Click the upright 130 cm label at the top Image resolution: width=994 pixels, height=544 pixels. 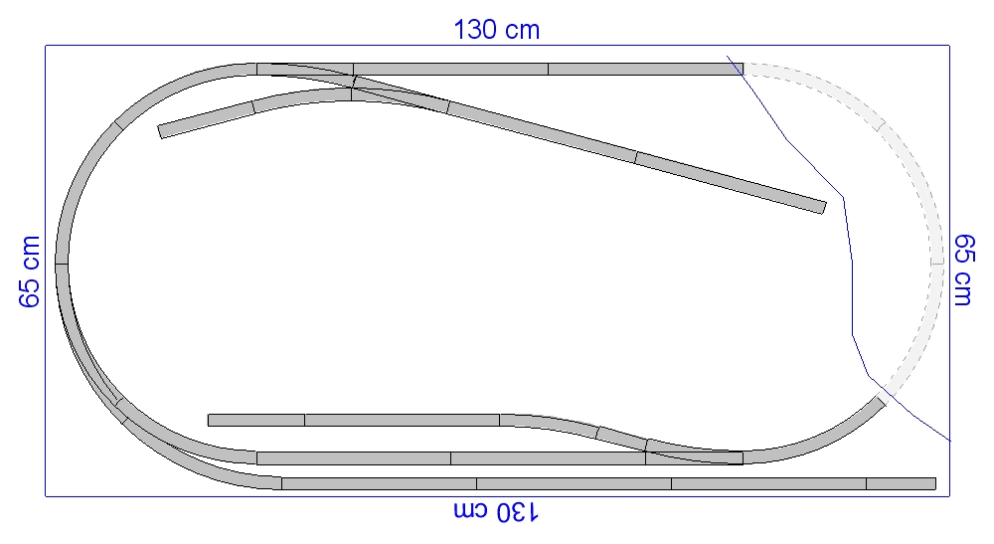pyautogui.click(x=496, y=30)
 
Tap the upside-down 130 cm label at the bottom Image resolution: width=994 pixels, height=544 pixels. pyautogui.click(x=496, y=511)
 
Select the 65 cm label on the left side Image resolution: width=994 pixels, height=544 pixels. pyautogui.click(x=29, y=272)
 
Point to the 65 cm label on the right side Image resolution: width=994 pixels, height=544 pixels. pyautogui.click(x=964, y=271)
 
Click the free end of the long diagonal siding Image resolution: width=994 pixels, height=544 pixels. pyautogui.click(x=823, y=208)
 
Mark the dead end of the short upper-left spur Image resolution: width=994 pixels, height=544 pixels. pyautogui.click(x=160, y=132)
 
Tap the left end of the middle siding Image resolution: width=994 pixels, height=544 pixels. pyautogui.click(x=209, y=420)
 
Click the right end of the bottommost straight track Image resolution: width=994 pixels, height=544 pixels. pyautogui.click(x=935, y=483)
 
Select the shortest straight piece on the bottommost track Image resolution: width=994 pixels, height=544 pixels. pyautogui.click(x=901, y=483)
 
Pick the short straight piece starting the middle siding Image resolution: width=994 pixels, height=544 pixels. pyautogui.click(x=256, y=420)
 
